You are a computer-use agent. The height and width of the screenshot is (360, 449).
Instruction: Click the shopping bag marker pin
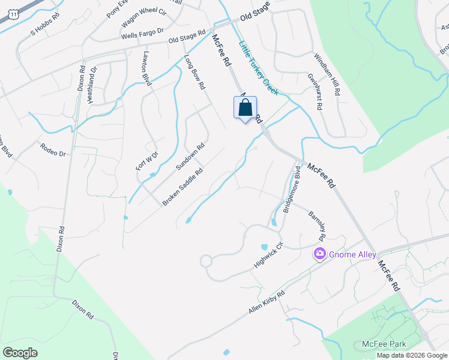click(245, 109)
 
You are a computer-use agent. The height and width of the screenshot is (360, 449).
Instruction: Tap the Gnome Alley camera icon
click(319, 254)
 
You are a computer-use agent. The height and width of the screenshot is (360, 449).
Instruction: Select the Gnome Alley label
click(353, 254)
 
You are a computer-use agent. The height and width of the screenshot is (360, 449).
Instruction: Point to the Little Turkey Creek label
click(259, 67)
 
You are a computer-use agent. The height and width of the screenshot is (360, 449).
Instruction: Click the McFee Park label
click(384, 344)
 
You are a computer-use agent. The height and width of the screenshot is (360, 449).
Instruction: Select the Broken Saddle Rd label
click(182, 187)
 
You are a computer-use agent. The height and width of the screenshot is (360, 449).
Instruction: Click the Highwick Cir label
click(268, 254)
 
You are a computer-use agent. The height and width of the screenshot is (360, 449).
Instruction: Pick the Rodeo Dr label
click(52, 149)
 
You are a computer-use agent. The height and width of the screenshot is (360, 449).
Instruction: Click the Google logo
click(20, 353)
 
